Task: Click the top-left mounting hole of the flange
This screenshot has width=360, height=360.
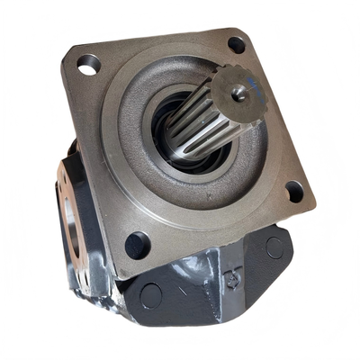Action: [x=89, y=64]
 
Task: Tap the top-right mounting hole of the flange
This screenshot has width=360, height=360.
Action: [x=236, y=43]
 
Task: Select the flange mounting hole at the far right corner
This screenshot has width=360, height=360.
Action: [x=293, y=190]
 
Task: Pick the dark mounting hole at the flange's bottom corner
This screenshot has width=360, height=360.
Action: [x=137, y=244]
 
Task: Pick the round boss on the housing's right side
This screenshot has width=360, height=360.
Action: [x=274, y=244]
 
